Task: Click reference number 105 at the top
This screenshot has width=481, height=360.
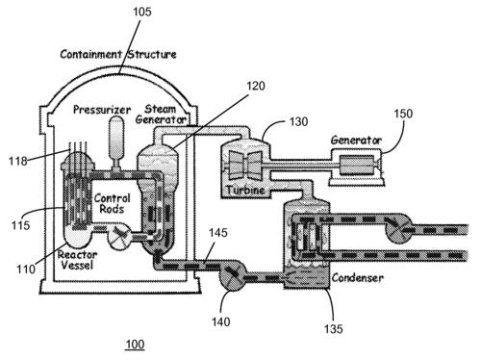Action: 142,12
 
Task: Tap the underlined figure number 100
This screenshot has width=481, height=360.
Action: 135,344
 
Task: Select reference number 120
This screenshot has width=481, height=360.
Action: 256,86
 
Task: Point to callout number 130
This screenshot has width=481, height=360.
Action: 298,121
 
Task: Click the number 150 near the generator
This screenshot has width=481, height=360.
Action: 403,114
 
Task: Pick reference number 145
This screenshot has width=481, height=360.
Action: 218,232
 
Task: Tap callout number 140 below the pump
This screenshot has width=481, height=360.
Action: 220,321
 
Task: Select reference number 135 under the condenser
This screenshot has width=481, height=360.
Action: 334,329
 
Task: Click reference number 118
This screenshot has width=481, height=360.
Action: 17,161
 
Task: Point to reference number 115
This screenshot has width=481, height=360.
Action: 20,225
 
